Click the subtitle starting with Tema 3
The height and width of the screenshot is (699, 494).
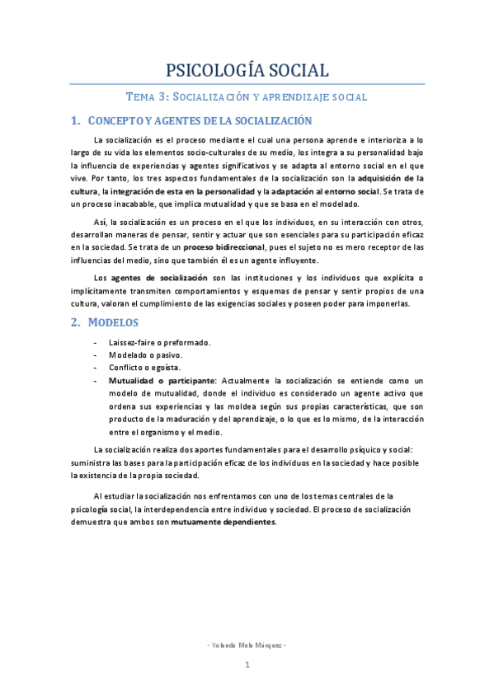[247, 96]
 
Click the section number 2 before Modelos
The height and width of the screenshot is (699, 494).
[75, 321]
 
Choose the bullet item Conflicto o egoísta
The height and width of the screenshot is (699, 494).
[144, 367]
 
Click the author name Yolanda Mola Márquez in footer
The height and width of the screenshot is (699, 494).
[247, 645]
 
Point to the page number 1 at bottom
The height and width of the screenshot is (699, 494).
[247, 664]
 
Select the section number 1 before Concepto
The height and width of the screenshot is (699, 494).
[75, 121]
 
